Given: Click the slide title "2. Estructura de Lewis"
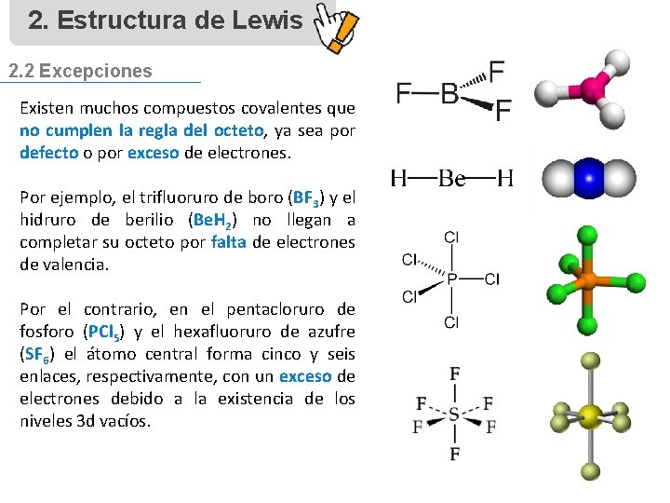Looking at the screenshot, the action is click(x=165, y=20).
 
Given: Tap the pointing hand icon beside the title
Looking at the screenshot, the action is click(x=335, y=31).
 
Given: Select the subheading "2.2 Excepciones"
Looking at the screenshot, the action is click(x=80, y=71).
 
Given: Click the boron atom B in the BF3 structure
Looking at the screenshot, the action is click(x=449, y=94).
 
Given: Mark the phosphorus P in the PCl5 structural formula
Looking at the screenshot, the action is click(x=451, y=279).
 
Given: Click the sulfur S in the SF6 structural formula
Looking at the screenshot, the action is click(x=453, y=415).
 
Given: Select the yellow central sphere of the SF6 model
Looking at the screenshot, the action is click(x=589, y=415).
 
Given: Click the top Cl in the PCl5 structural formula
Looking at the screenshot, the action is click(x=451, y=238).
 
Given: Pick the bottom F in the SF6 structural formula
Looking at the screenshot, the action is click(x=454, y=454).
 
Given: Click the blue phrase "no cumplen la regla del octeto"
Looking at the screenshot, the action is click(x=142, y=130).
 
